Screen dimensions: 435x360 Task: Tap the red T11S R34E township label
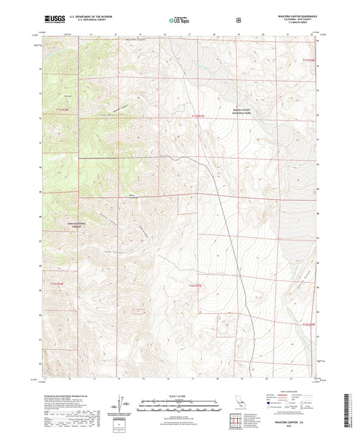click(63, 109)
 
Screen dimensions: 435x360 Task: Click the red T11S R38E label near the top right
click(309, 61)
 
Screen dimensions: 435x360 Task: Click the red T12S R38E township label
click(309, 324)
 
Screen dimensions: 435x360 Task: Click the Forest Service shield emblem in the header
click(237, 20)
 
